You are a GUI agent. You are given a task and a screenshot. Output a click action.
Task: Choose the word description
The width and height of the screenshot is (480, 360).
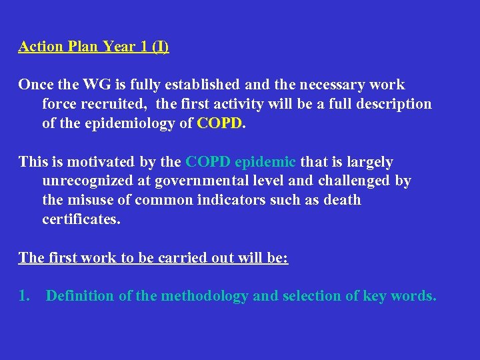click(x=394, y=104)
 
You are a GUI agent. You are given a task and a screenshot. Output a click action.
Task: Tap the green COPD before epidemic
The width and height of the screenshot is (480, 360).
click(x=208, y=162)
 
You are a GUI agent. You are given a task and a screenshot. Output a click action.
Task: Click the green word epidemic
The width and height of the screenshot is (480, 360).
click(x=265, y=162)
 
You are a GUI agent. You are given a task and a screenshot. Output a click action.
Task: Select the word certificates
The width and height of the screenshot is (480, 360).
click(x=81, y=219)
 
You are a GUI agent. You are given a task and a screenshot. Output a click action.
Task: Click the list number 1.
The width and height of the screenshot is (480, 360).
click(x=24, y=295)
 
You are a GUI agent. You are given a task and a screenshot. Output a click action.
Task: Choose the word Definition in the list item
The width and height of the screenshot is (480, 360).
click(x=80, y=295)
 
